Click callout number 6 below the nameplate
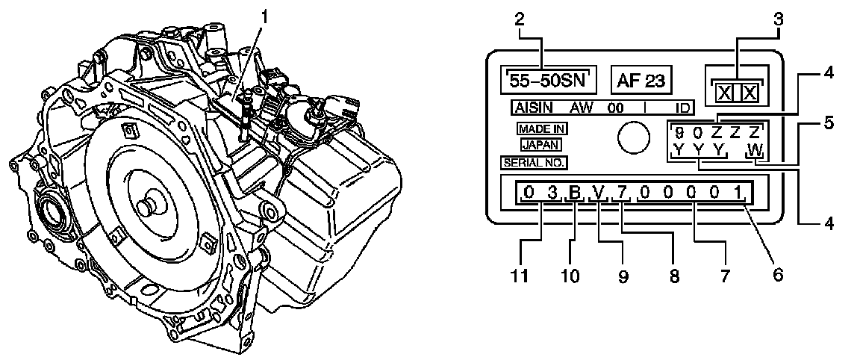[x=777, y=274]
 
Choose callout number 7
[x=722, y=274]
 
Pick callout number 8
[x=674, y=276]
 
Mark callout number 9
[x=623, y=276]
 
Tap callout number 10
[x=571, y=276]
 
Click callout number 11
[x=520, y=276]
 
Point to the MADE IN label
[x=538, y=128]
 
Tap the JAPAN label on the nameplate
[x=539, y=144]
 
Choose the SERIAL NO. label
[x=534, y=161]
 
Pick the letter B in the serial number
[x=575, y=194]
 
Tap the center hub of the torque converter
[x=148, y=203]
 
